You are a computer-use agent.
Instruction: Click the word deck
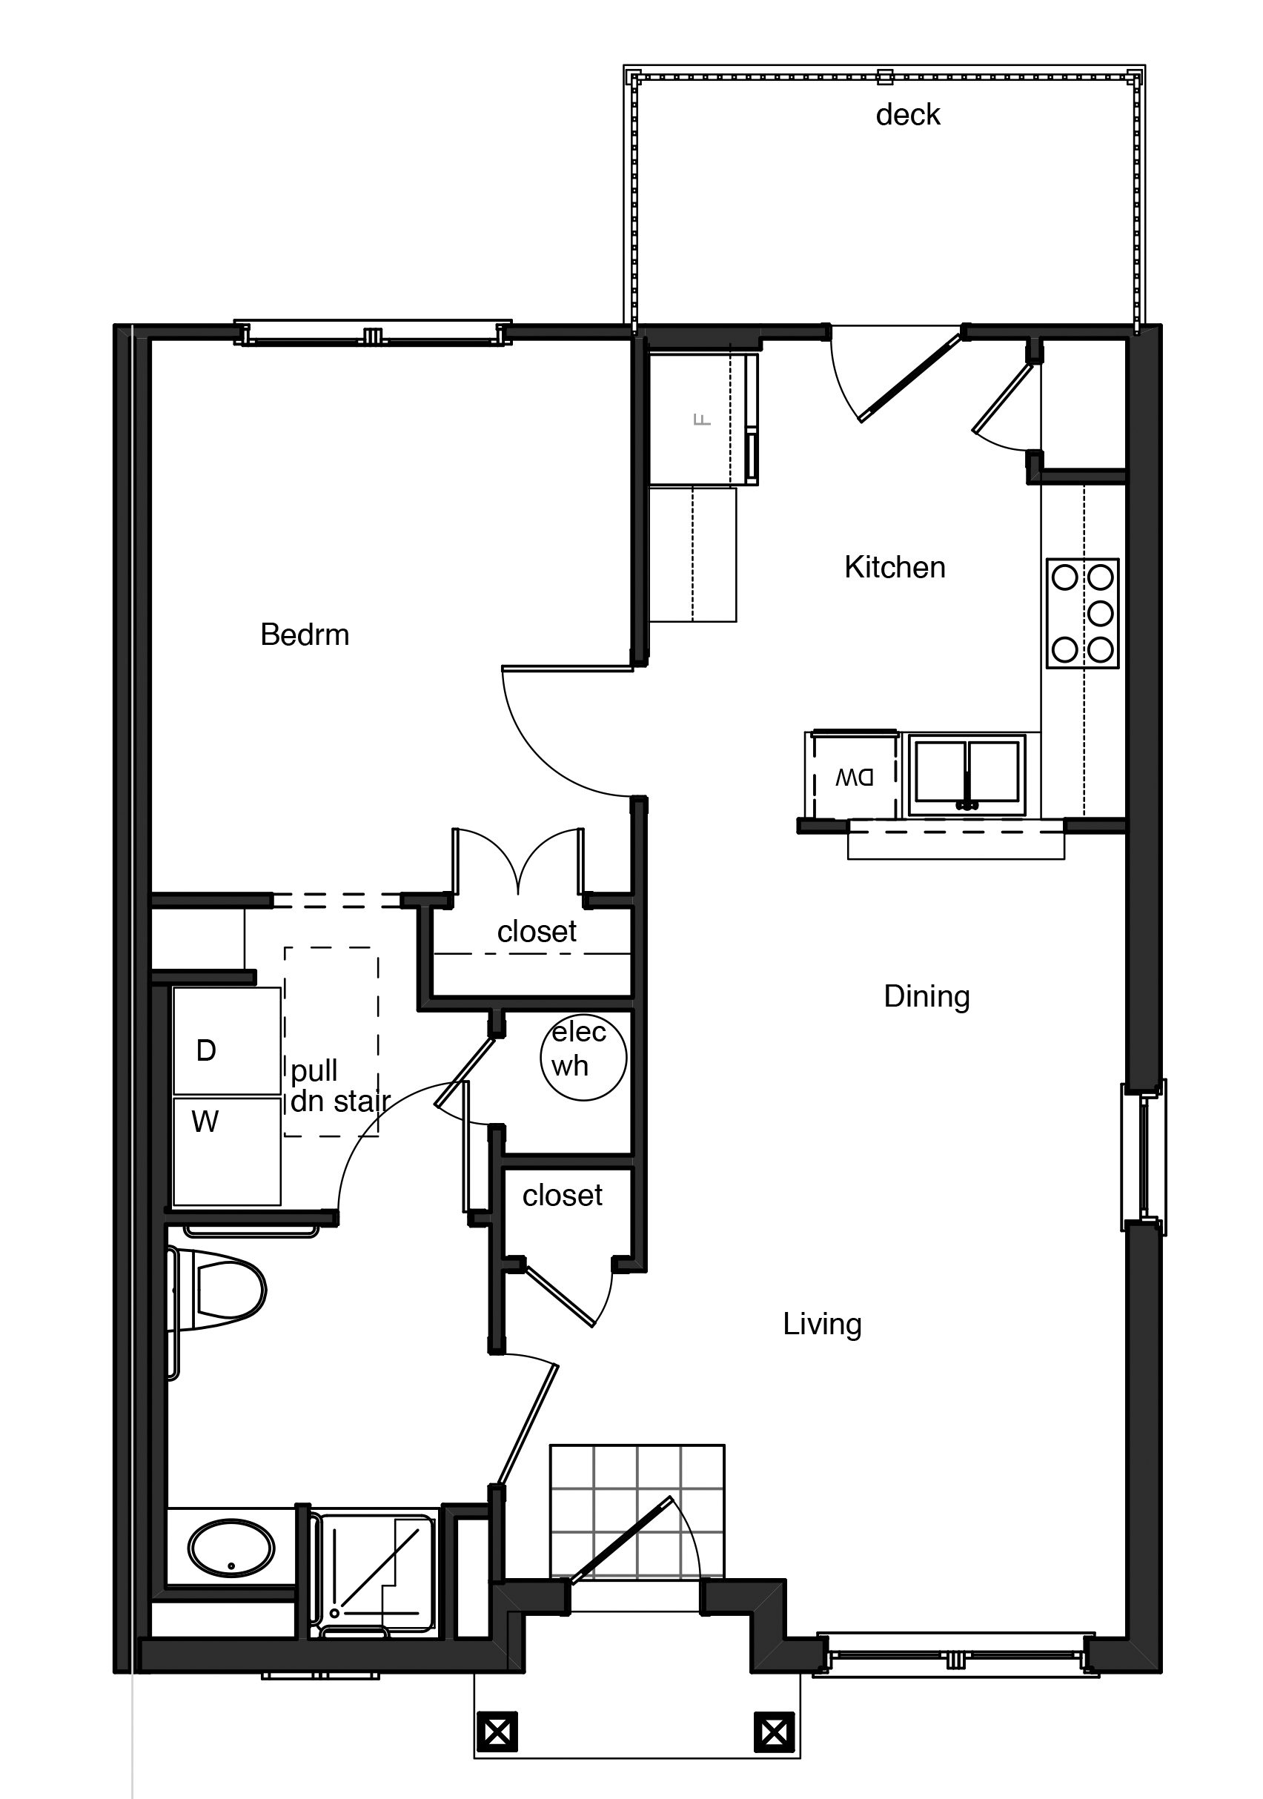click(907, 115)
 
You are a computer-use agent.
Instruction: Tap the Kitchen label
click(894, 567)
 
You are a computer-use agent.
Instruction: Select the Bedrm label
click(305, 635)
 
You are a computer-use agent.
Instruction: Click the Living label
click(822, 1324)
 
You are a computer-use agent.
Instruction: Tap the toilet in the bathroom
click(223, 1290)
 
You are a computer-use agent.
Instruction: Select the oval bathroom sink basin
click(231, 1548)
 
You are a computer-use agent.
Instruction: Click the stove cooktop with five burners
click(1082, 614)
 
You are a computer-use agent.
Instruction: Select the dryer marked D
click(226, 1041)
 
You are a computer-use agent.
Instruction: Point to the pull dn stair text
click(339, 1086)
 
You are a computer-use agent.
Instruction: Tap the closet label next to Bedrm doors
click(537, 932)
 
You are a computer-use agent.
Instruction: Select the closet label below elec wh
click(562, 1196)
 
